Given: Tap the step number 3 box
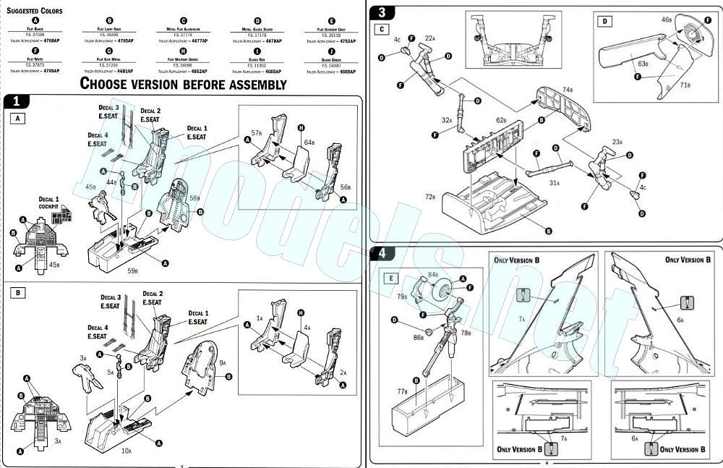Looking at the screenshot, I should click(382, 12).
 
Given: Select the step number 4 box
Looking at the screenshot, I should click(382, 254).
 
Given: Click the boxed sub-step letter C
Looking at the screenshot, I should click(382, 29).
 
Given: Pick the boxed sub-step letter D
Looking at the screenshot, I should click(604, 21).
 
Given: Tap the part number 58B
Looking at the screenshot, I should click(194, 197).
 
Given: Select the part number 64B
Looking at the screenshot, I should click(309, 142).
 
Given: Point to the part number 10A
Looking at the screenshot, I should click(127, 451).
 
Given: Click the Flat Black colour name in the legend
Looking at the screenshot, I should click(35, 28).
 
